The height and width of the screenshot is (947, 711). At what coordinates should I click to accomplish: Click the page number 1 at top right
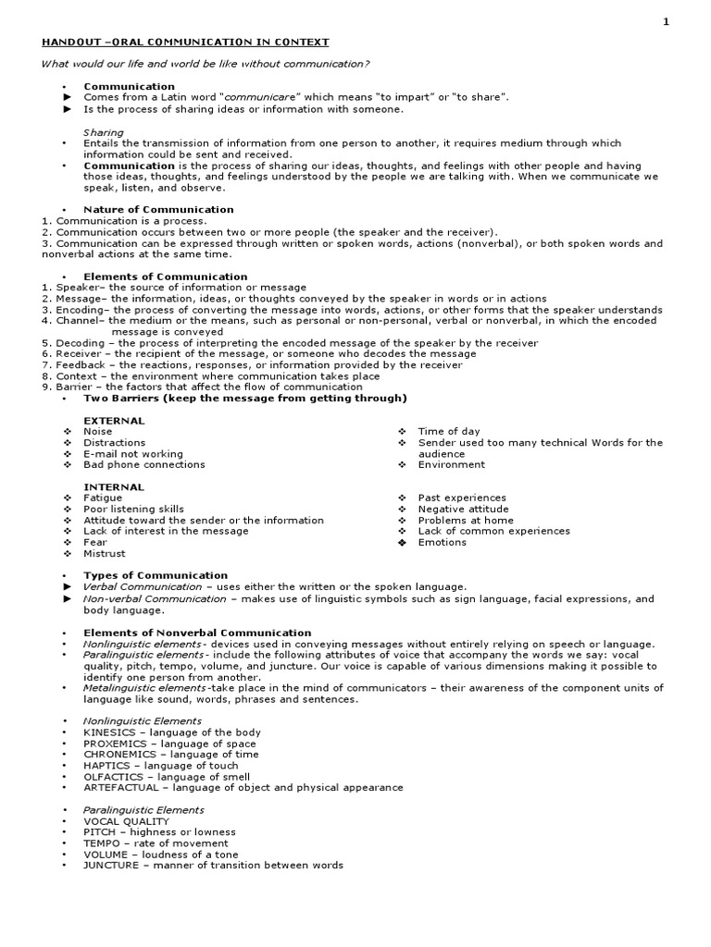click(692, 23)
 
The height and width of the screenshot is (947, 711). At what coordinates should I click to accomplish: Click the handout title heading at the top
click(184, 43)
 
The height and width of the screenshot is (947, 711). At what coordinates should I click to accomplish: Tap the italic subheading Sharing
click(104, 132)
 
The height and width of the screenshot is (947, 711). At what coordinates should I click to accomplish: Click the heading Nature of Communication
click(158, 210)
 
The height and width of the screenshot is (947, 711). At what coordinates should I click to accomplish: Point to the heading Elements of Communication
click(165, 277)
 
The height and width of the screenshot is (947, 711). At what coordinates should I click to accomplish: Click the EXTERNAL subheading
click(114, 421)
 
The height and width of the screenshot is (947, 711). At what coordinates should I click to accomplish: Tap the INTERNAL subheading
click(114, 487)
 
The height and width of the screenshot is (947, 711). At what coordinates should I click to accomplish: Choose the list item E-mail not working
click(133, 454)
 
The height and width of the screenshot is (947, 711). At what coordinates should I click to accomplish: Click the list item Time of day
click(449, 432)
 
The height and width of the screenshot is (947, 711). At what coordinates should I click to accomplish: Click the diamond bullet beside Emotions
click(402, 543)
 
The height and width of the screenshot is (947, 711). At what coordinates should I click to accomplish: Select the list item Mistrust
click(105, 554)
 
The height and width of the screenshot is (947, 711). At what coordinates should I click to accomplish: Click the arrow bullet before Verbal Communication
click(67, 587)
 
